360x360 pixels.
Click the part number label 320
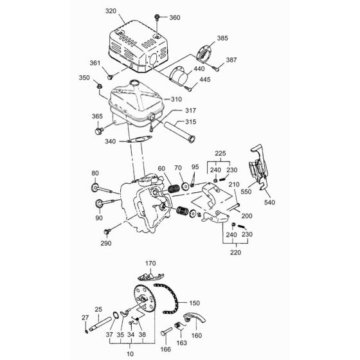(111, 11)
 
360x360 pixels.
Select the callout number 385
(222, 39)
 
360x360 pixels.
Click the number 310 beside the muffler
(177, 99)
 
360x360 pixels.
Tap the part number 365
(97, 116)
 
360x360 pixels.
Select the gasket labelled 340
(134, 142)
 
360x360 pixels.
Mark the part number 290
(105, 243)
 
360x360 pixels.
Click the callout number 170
(151, 263)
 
